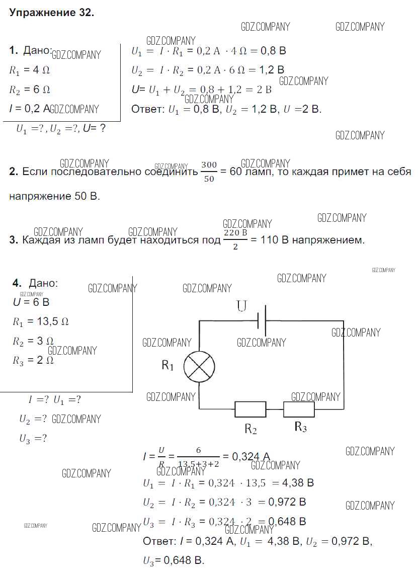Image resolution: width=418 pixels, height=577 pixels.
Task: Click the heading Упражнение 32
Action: pyautogui.click(x=51, y=14)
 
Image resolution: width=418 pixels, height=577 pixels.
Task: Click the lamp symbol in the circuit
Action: pyautogui.click(x=199, y=366)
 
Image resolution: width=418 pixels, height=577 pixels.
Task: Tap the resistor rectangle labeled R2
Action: pyautogui.click(x=250, y=409)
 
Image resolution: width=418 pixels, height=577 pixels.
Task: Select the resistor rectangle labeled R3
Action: pyautogui.click(x=299, y=409)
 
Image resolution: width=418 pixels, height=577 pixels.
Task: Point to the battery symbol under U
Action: pyautogui.click(x=261, y=320)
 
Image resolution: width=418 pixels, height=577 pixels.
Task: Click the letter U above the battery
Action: pyautogui.click(x=242, y=305)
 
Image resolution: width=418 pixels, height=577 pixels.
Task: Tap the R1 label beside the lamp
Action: pyautogui.click(x=168, y=366)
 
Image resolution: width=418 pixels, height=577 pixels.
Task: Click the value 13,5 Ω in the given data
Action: pyautogui.click(x=49, y=321)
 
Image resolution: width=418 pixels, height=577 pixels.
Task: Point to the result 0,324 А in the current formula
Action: pyautogui.click(x=250, y=457)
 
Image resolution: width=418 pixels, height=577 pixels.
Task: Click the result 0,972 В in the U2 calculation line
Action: pyautogui.click(x=287, y=502)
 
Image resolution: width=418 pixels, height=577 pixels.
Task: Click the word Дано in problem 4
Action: pyautogui.click(x=43, y=283)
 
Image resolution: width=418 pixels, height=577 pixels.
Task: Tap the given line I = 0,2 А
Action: pyautogui.click(x=30, y=109)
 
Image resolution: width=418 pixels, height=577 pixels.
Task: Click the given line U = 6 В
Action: pyautogui.click(x=31, y=302)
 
